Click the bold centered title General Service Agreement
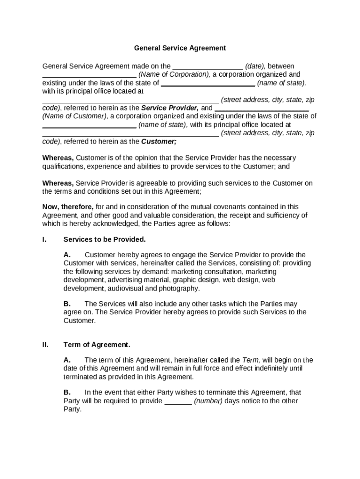tap(180, 48)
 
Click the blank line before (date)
tap(208, 67)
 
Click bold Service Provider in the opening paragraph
tap(170, 108)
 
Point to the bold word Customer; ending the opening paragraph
tap(159, 141)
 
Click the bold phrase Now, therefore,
tap(68, 206)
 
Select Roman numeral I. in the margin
tap(44, 239)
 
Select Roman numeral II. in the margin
tap(45, 345)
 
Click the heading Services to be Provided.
tap(105, 239)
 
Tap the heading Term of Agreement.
tap(97, 345)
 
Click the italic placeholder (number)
tap(209, 401)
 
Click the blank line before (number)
tap(178, 401)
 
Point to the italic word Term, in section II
tap(251, 360)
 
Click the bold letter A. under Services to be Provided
tap(67, 255)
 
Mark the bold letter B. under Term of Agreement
tap(67, 392)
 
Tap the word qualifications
tap(64, 166)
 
